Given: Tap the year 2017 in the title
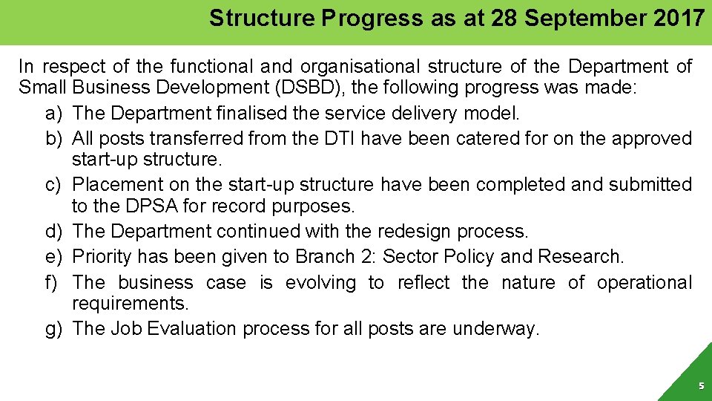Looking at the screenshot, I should point(679,18).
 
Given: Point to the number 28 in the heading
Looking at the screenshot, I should point(504,18).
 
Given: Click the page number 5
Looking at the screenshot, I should point(700,386).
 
